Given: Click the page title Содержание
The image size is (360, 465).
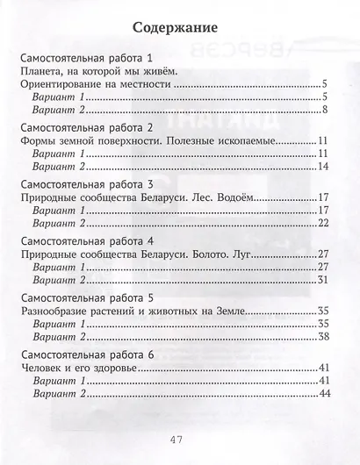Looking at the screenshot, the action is click(x=179, y=25).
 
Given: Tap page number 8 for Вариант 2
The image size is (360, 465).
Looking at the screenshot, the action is click(x=325, y=110).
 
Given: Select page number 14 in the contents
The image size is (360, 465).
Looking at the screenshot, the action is click(x=322, y=167).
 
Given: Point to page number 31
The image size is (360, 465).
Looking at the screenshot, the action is click(x=322, y=279).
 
